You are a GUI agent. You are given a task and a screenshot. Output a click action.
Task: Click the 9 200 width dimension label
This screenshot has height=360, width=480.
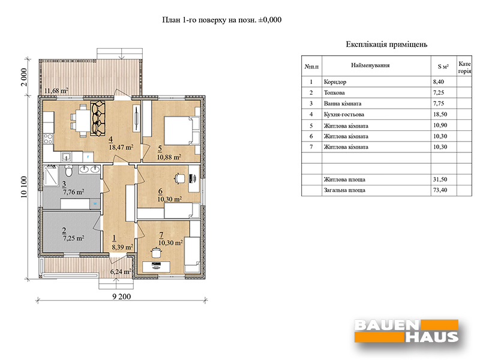tap(122, 296)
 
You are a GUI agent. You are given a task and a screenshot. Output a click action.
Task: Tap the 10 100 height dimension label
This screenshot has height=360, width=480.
tap(24, 187)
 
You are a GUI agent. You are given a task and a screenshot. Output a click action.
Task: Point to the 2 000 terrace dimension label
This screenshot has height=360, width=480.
tap(24, 77)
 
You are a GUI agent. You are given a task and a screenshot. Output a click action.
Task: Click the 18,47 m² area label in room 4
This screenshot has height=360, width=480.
tap(121, 147)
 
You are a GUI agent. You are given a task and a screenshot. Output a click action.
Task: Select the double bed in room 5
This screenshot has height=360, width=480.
tap(182, 130)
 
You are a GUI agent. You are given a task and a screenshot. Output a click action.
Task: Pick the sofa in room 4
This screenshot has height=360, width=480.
tap(98, 119)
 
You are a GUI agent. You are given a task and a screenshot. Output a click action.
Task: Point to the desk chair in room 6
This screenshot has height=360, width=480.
tap(179, 178)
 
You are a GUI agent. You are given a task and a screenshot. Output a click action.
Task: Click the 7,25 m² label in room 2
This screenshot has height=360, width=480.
tap(73, 238)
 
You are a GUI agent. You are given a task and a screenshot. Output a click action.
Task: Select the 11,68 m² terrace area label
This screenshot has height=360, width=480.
tap(56, 91)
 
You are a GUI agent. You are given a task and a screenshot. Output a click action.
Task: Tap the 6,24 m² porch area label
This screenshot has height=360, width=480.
tap(121, 272)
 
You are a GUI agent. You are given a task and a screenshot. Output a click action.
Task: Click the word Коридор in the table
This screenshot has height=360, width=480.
tap(335, 82)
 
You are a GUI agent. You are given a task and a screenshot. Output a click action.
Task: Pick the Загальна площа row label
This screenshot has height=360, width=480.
tap(344, 190)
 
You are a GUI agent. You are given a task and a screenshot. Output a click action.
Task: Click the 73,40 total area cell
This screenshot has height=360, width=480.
tap(440, 190)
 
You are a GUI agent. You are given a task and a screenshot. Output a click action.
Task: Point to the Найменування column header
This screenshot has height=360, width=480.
tap(370, 65)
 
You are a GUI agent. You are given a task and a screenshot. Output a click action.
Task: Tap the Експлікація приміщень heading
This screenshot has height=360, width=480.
tap(386, 44)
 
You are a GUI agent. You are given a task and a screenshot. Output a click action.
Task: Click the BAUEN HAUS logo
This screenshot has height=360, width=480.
tap(406, 331)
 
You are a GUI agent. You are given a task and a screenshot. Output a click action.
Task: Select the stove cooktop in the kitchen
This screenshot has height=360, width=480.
tap(48, 139)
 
